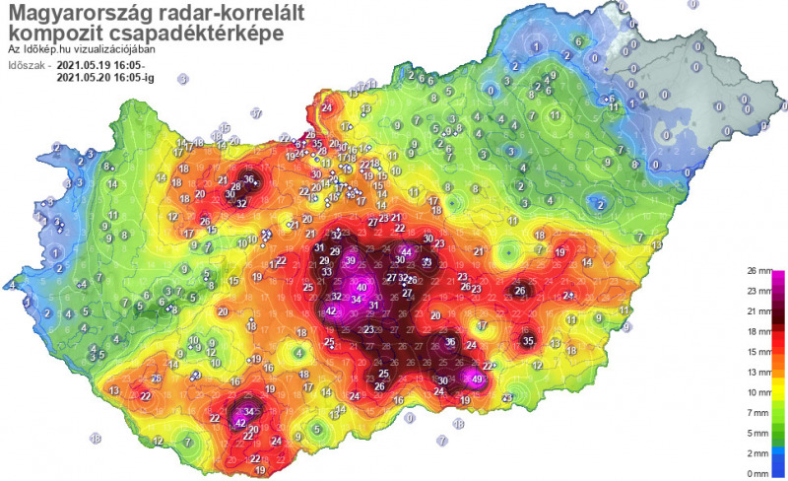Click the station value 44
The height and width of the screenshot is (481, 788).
click(x=407, y=252)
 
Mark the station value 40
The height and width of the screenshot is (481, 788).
click(x=362, y=287)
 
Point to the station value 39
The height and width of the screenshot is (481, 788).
click(x=351, y=260)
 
